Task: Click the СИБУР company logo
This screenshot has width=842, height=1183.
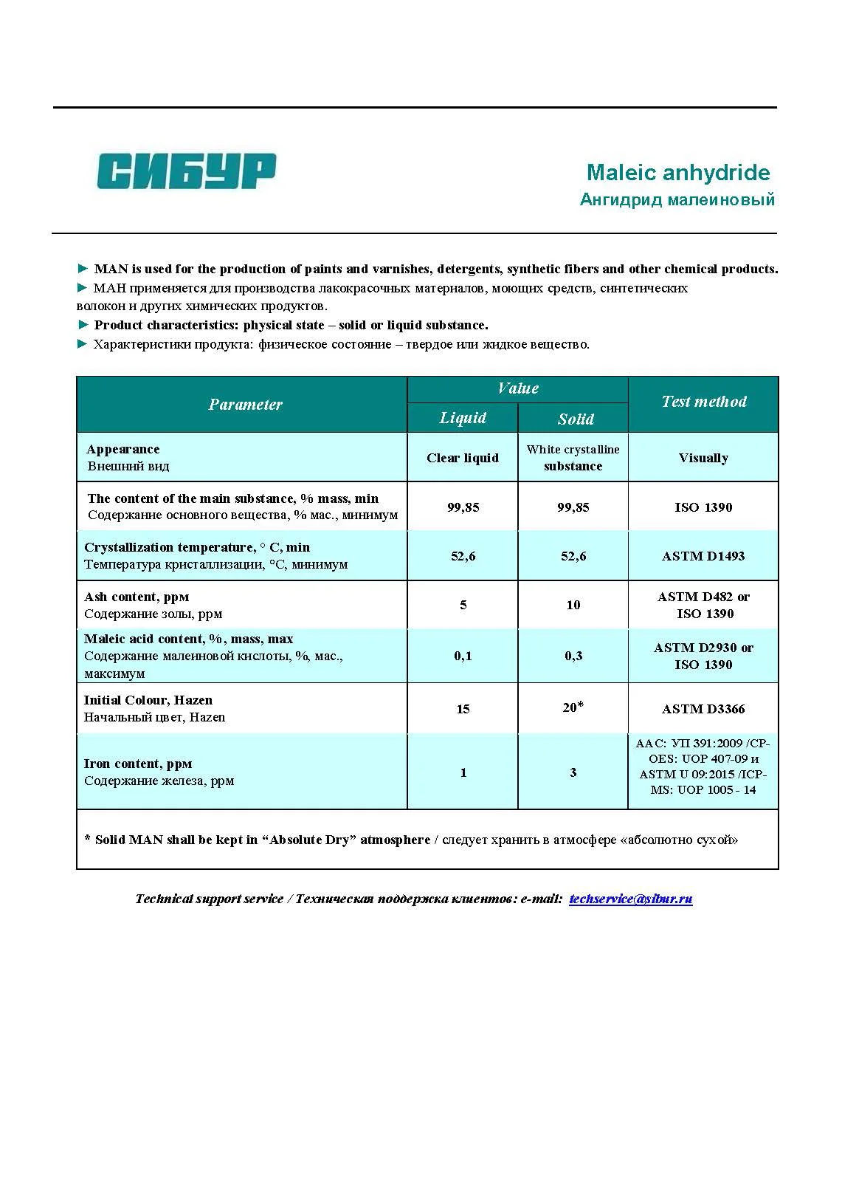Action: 187,171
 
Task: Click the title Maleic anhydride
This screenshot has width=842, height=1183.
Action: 677,173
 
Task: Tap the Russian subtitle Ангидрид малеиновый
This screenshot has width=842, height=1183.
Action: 677,199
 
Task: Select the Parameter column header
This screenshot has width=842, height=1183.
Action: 245,405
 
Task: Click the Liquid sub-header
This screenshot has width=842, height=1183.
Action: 463,418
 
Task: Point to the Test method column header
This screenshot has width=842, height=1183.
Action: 703,402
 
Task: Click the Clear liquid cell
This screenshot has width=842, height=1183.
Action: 463,458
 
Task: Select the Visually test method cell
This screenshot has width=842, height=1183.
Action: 703,458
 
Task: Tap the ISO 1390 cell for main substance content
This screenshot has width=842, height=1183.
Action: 703,507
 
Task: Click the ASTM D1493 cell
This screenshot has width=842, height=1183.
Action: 703,556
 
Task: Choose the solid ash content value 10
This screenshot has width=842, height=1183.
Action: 573,605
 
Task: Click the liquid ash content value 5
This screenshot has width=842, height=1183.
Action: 463,605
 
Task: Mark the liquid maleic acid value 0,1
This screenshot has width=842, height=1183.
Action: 463,656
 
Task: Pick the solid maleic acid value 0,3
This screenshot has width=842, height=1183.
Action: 573,656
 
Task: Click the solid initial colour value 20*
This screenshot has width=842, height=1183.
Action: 573,707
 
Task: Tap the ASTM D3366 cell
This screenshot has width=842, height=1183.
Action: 703,709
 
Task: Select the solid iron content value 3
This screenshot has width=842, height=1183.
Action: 573,772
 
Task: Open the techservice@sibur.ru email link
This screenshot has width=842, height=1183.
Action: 630,899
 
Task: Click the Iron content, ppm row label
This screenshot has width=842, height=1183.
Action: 138,764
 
